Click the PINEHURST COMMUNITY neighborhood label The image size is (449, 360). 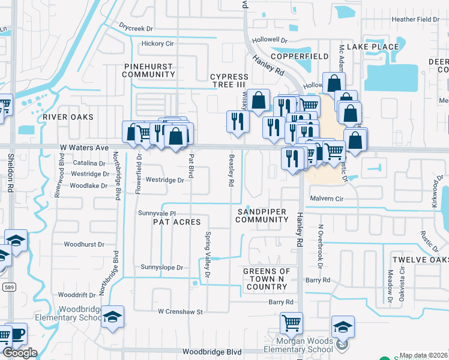148,70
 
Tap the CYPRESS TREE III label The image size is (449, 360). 229,80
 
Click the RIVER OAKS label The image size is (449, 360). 68,117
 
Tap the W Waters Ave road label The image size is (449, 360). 83,147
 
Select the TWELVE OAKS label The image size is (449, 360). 420,259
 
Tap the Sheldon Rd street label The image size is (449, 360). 11,173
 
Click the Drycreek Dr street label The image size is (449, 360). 136,28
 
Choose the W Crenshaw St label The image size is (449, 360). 181,311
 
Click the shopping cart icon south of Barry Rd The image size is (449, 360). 291,323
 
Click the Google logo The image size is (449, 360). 20,353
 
